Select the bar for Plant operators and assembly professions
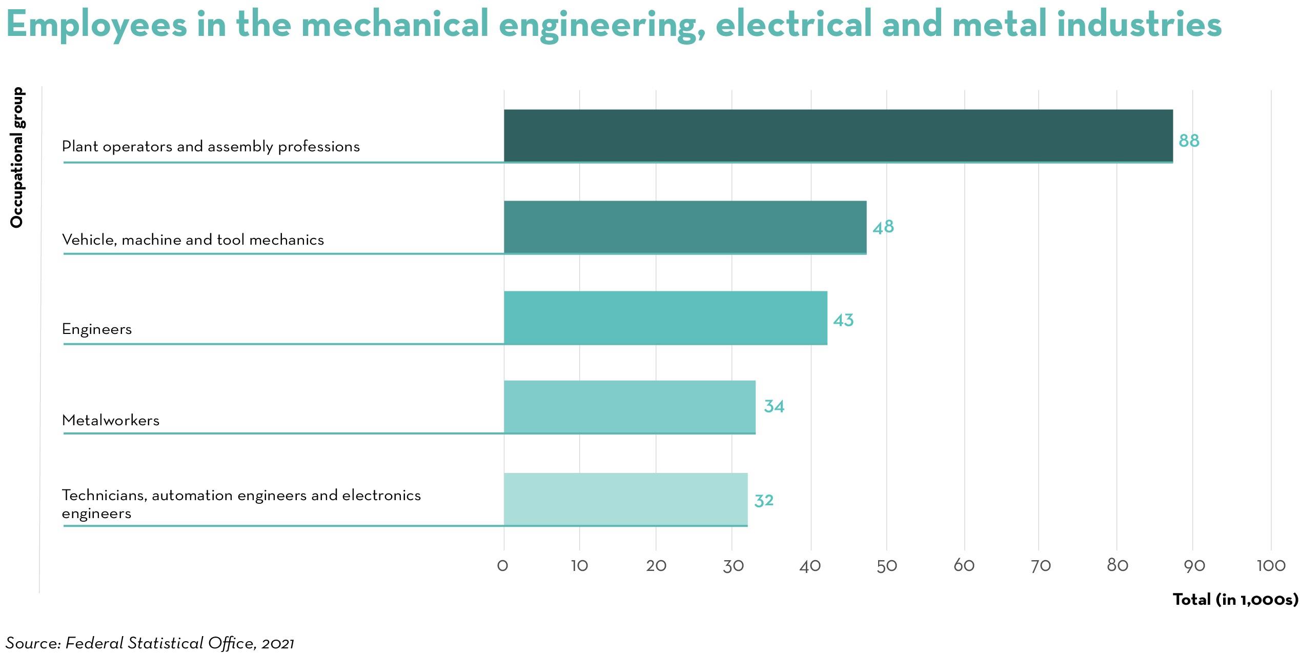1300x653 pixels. pyautogui.click(x=838, y=136)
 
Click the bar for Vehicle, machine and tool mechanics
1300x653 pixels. pyautogui.click(x=685, y=227)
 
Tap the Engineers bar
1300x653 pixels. pyautogui.click(x=665, y=318)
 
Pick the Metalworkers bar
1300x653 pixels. pyautogui.click(x=629, y=407)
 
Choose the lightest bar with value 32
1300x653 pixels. pyautogui.click(x=625, y=499)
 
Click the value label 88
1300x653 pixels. pyautogui.click(x=1189, y=141)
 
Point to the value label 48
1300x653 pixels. pyautogui.click(x=883, y=227)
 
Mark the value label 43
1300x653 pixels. pyautogui.click(x=843, y=320)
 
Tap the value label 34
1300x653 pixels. pyautogui.click(x=774, y=406)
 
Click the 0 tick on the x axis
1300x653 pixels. pyautogui.click(x=503, y=566)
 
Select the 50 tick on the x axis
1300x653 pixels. pyautogui.click(x=886, y=566)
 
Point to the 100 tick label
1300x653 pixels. pyautogui.click(x=1271, y=566)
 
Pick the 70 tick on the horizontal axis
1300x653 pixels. pyautogui.click(x=1040, y=566)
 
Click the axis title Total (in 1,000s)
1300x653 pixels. pyautogui.click(x=1235, y=600)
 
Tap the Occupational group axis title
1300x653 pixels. pyautogui.click(x=17, y=157)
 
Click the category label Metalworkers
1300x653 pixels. pyautogui.click(x=111, y=421)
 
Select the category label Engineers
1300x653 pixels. pyautogui.click(x=97, y=329)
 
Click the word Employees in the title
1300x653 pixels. pyautogui.click(x=97, y=25)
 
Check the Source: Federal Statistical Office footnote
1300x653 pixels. pyautogui.click(x=150, y=643)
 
